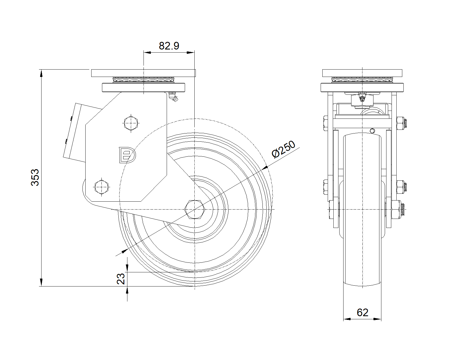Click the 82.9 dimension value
[169, 46]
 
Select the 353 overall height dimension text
[35, 177]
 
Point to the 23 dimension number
[121, 279]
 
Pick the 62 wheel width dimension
[362, 313]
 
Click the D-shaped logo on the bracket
[127, 155]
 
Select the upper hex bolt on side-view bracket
[131, 123]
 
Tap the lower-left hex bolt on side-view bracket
[101, 187]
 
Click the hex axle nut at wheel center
[194, 210]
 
